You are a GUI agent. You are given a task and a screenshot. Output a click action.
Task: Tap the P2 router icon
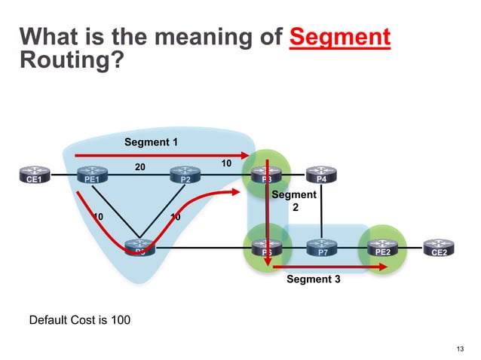coord(184,177)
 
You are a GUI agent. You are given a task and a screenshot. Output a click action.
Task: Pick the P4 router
coord(321,177)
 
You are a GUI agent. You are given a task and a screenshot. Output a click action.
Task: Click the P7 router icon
coord(322,248)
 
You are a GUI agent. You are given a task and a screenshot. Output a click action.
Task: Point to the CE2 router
coord(438,248)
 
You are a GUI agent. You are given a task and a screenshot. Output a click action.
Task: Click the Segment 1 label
coord(149,142)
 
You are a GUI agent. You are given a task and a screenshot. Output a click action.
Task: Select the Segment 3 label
coord(314,279)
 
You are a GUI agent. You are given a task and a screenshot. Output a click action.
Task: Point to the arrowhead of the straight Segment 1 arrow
coord(246,156)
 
